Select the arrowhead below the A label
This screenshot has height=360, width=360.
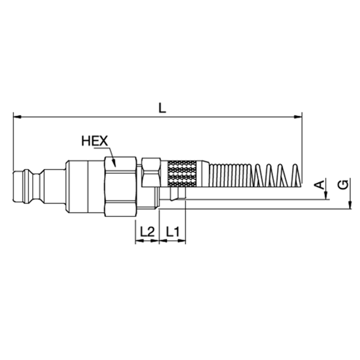click(326, 196)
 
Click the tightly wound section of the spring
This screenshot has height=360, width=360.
click(230, 175)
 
